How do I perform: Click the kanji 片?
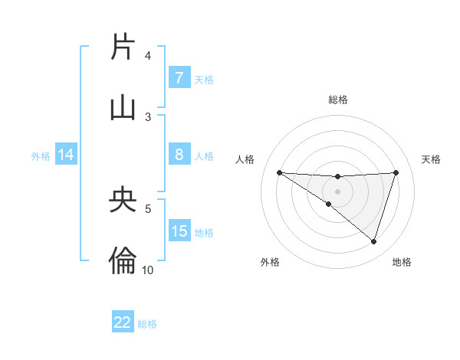(x=123, y=47)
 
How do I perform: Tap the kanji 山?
(x=123, y=108)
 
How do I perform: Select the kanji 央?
(x=123, y=200)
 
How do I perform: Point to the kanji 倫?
(x=123, y=261)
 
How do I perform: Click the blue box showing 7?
(x=179, y=78)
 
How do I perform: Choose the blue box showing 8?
(x=179, y=155)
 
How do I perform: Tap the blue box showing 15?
(x=179, y=231)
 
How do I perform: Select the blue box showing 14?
(x=66, y=155)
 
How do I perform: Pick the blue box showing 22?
(x=123, y=322)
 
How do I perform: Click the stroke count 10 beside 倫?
(x=148, y=270)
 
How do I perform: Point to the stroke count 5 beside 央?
(x=148, y=208)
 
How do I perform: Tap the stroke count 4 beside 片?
(x=148, y=55)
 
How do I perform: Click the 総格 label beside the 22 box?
(x=147, y=324)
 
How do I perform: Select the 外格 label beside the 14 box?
(x=41, y=155)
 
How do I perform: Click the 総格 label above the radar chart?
(x=337, y=100)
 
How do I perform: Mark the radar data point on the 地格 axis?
(x=373, y=241)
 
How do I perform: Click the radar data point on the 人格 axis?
(x=279, y=172)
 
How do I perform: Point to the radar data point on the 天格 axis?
(x=396, y=172)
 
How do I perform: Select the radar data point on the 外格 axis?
(x=328, y=205)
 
